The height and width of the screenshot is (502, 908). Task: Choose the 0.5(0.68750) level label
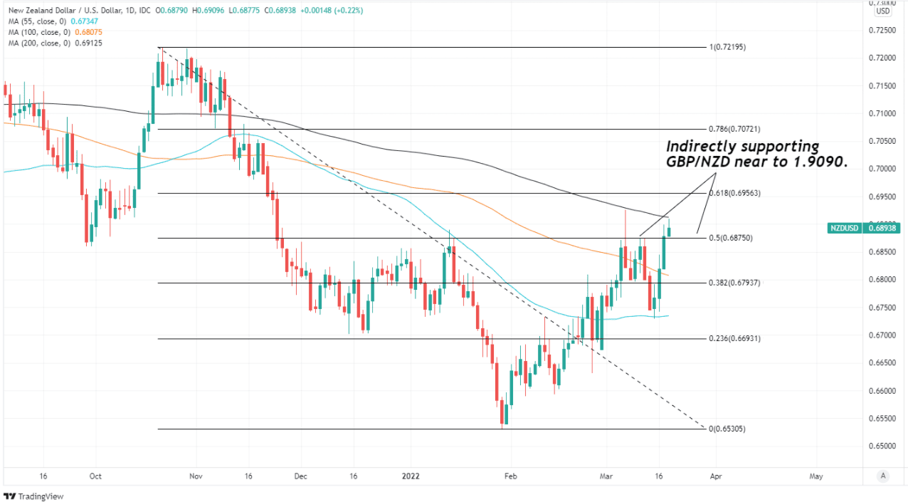point(732,238)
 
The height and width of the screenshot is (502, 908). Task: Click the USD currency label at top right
point(883,11)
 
